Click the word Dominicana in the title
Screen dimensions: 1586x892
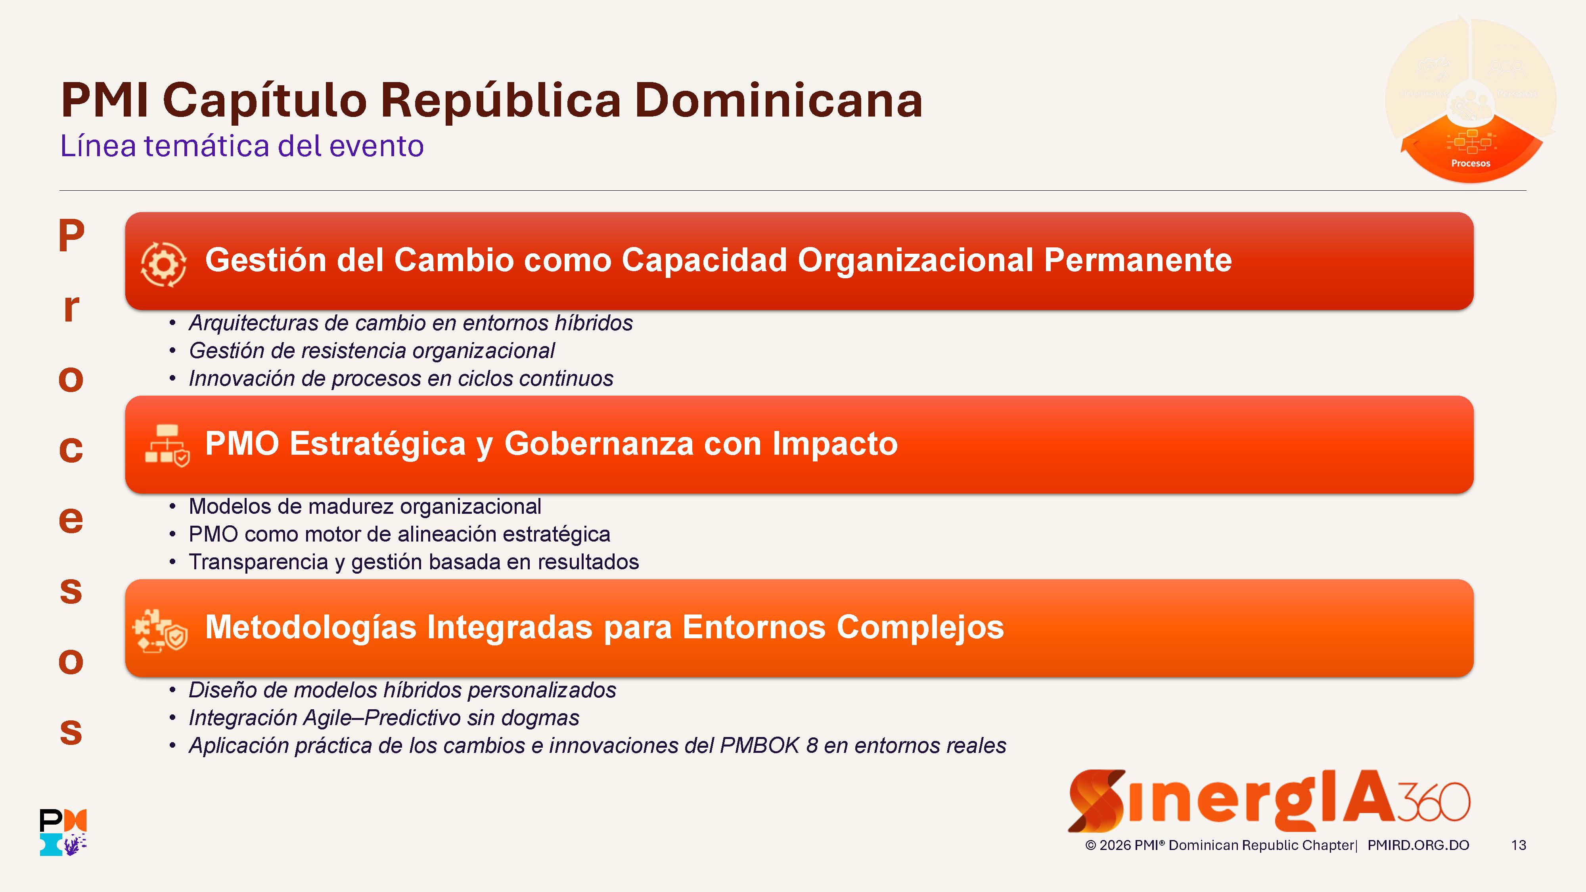tap(778, 100)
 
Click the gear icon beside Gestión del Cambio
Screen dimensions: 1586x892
tap(163, 264)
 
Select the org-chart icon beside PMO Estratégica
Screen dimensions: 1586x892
tap(167, 446)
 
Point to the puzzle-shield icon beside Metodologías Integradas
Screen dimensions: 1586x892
tap(161, 630)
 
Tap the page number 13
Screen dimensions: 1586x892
tap(1519, 845)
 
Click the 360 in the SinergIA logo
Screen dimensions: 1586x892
tap(1434, 802)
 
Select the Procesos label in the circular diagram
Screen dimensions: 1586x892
tap(1471, 163)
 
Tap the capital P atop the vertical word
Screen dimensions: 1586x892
tap(71, 235)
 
